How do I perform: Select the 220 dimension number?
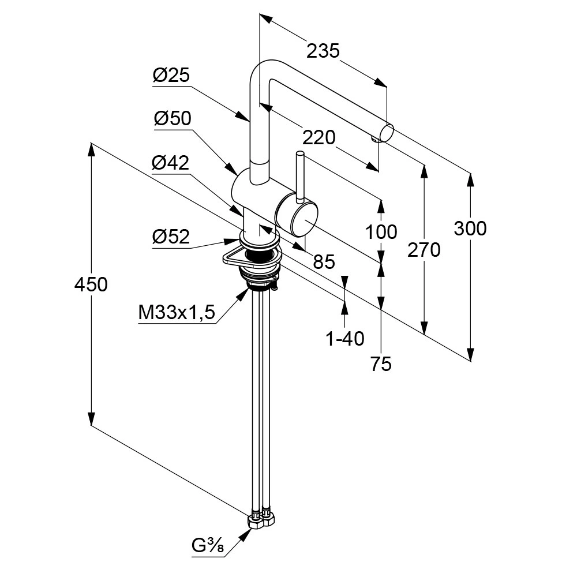pyautogui.click(x=319, y=137)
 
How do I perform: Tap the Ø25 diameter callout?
pyautogui.click(x=171, y=76)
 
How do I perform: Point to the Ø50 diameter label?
pyautogui.click(x=172, y=118)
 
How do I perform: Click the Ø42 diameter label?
pyautogui.click(x=170, y=163)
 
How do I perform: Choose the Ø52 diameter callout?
pyautogui.click(x=171, y=237)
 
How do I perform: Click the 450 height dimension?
pyautogui.click(x=91, y=284)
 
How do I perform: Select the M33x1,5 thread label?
pyautogui.click(x=177, y=313)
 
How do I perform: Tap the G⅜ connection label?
pyautogui.click(x=208, y=545)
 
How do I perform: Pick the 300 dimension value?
pyautogui.click(x=470, y=228)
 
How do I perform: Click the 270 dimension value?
pyautogui.click(x=424, y=250)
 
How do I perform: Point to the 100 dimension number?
pyautogui.click(x=381, y=232)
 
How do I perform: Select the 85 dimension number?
pyautogui.click(x=324, y=262)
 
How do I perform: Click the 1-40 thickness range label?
pyautogui.click(x=345, y=339)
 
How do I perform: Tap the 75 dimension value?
pyautogui.click(x=381, y=364)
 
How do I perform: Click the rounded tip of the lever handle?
pyautogui.click(x=300, y=154)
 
